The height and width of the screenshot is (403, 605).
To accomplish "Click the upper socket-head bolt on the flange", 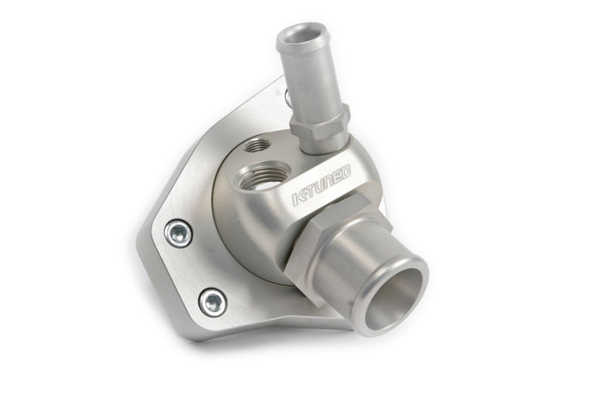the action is coord(178,234).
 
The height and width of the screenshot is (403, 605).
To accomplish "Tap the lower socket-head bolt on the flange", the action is coord(213,302).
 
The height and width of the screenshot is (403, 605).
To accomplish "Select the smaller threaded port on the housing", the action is coord(257,146).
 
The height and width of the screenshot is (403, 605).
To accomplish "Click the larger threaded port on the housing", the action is coord(263,177).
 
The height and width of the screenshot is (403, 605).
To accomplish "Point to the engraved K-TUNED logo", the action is coord(321,184).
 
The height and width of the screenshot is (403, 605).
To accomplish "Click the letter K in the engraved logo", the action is coord(298,198).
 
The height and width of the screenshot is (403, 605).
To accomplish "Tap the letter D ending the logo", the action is coord(346,172).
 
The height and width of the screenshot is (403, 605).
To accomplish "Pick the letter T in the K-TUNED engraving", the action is coord(310,191).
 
